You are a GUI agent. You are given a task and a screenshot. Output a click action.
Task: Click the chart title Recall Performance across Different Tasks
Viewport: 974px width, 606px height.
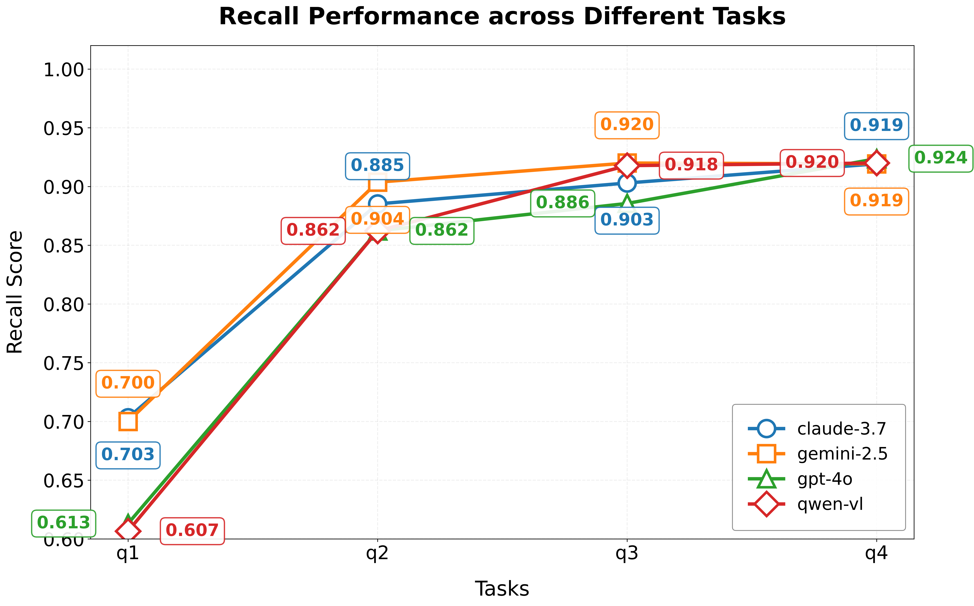tap(502, 17)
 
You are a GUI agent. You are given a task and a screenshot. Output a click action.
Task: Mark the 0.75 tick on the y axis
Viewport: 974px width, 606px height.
tap(64, 364)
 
